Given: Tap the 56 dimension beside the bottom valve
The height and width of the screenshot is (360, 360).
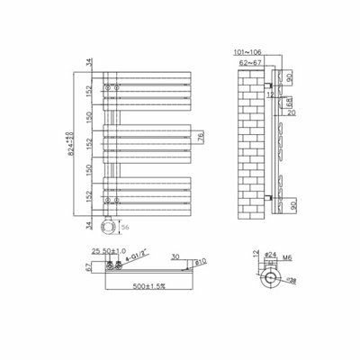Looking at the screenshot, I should click(123, 228).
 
